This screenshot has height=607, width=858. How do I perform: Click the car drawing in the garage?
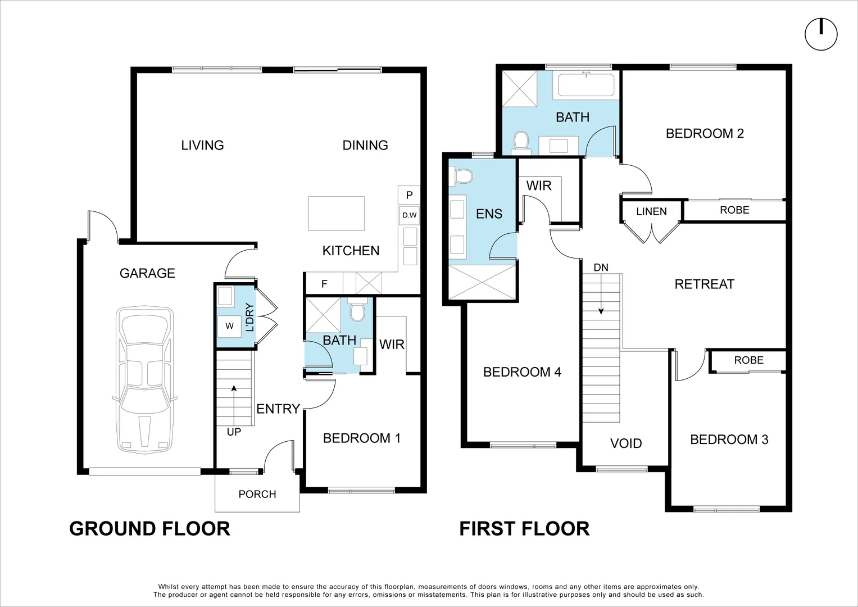click(145, 380)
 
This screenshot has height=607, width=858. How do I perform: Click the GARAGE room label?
click(147, 273)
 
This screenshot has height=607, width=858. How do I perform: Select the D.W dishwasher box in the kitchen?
click(409, 215)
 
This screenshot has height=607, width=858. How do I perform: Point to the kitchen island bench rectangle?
click(337, 214)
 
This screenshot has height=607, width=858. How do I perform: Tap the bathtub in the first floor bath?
click(586, 85)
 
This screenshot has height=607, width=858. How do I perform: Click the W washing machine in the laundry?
click(229, 326)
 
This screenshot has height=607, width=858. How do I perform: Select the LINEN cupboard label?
click(652, 211)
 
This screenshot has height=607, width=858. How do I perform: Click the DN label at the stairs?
click(601, 268)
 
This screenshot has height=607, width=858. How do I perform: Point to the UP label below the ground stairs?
click(234, 432)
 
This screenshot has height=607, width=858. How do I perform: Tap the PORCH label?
click(257, 495)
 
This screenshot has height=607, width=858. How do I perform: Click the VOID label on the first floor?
click(626, 443)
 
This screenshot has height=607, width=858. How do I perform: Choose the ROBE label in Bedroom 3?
click(749, 360)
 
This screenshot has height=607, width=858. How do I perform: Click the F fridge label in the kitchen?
click(324, 284)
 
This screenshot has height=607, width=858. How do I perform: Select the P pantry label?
click(409, 196)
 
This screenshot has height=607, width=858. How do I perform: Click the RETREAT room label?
click(705, 284)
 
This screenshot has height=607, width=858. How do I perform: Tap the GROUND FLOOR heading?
click(150, 529)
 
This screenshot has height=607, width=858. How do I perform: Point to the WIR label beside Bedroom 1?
click(392, 345)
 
